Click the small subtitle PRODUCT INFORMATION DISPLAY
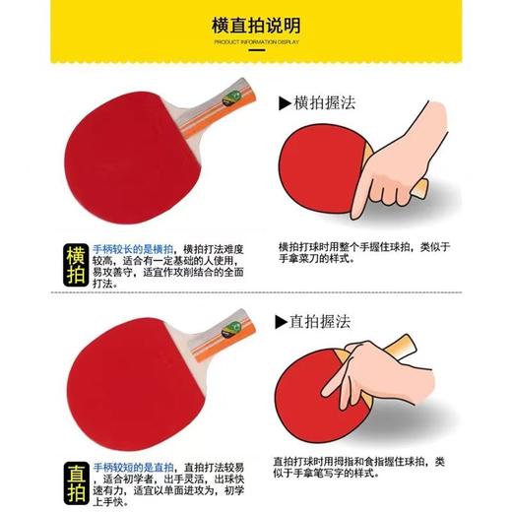tap(255, 43)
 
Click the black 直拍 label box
tap(76, 481)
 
